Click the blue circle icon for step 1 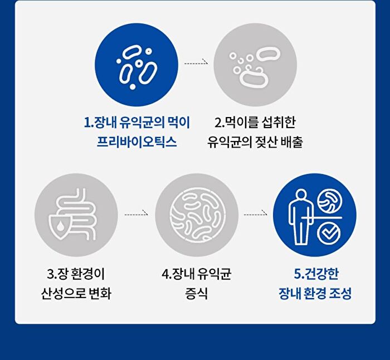(x=136, y=65)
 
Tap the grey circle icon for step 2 (x=255, y=65)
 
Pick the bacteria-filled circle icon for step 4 (x=197, y=215)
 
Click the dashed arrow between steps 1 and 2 (x=196, y=63)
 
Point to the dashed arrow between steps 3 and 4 (x=136, y=214)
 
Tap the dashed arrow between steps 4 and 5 (x=255, y=214)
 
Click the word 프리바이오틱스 (x=136, y=142)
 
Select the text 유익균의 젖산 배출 (x=255, y=142)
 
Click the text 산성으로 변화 (x=76, y=294)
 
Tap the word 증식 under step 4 (x=197, y=294)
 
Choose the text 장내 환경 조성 (x=315, y=294)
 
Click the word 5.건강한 (x=316, y=274)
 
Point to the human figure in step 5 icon (x=300, y=217)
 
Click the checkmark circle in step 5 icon (x=329, y=233)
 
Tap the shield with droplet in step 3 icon (x=60, y=227)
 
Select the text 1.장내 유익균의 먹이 (x=137, y=122)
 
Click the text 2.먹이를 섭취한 (x=255, y=122)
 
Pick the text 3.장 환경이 (x=76, y=274)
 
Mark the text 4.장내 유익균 (x=197, y=274)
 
